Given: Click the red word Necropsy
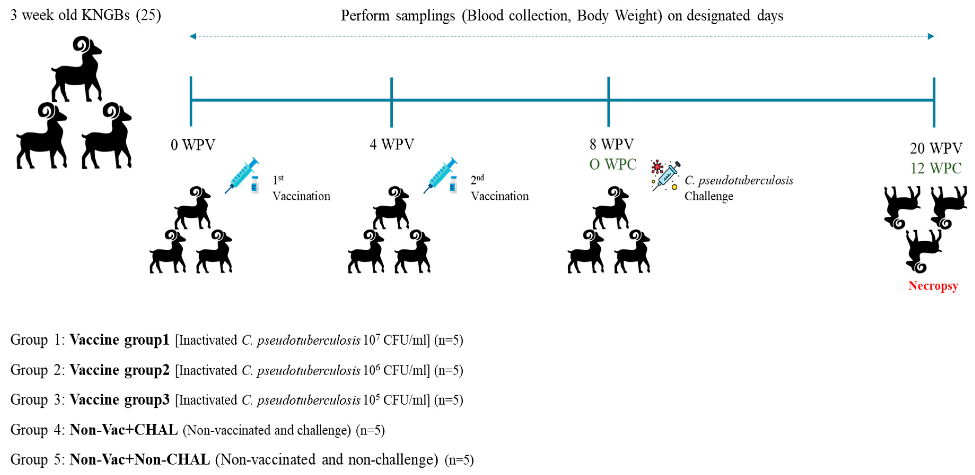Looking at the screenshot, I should click(x=933, y=286).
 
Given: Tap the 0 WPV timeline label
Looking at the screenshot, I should click(x=193, y=144).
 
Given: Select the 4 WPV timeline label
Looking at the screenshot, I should click(x=392, y=144).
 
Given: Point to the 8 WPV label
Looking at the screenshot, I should click(x=611, y=144).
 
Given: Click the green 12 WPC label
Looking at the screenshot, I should click(x=936, y=168).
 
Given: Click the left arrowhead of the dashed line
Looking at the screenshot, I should click(x=193, y=36).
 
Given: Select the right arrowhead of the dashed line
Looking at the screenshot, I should click(x=931, y=36).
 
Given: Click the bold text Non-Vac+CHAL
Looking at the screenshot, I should click(x=124, y=430).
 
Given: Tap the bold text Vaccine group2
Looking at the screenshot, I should click(x=120, y=370).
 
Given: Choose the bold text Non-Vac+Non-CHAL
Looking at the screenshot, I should click(x=140, y=459).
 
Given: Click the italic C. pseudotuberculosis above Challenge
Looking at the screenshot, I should click(x=739, y=180).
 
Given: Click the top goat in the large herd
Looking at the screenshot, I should click(x=78, y=68).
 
